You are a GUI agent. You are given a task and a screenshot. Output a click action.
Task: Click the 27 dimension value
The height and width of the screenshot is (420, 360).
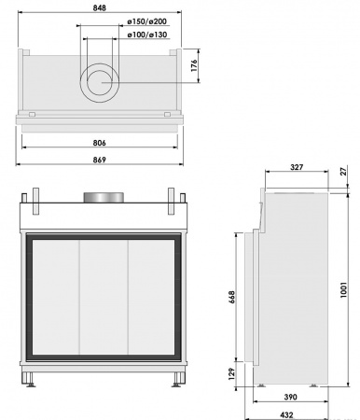342,172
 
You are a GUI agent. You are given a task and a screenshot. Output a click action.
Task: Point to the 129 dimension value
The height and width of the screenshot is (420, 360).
231,372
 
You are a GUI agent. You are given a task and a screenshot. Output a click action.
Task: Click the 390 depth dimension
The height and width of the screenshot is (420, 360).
291,397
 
